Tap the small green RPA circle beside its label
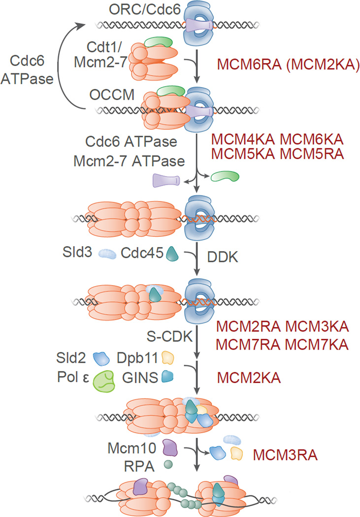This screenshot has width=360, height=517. click(168, 464)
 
